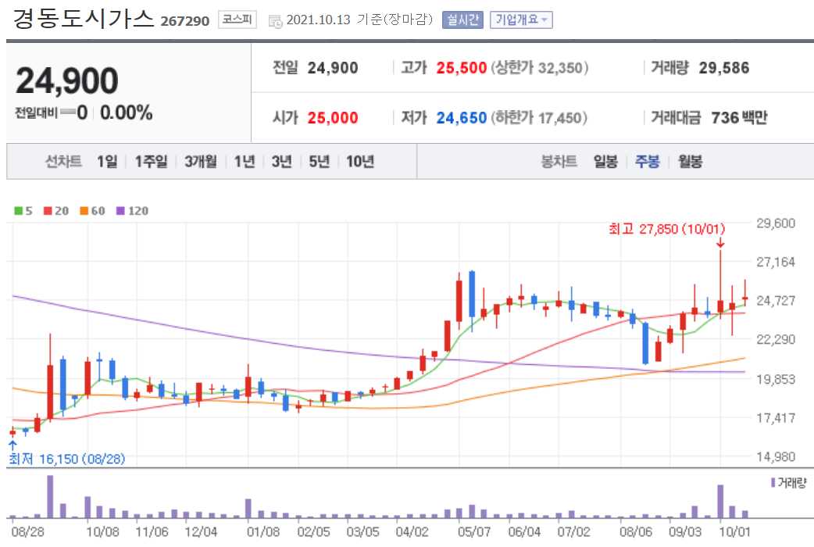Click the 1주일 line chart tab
point(151,162)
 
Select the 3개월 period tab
point(201,162)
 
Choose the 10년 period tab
point(359,162)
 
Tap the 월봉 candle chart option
point(691,162)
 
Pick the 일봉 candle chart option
point(605,162)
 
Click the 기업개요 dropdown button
point(521,20)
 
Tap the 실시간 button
point(463,20)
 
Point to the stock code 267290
point(185,21)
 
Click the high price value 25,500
point(462,68)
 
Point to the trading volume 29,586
point(723,68)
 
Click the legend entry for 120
point(133,211)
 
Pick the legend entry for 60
point(93,211)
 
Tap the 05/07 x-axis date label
point(474,531)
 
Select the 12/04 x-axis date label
point(202,531)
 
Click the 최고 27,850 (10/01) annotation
point(667,229)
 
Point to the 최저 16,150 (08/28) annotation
point(67,459)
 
